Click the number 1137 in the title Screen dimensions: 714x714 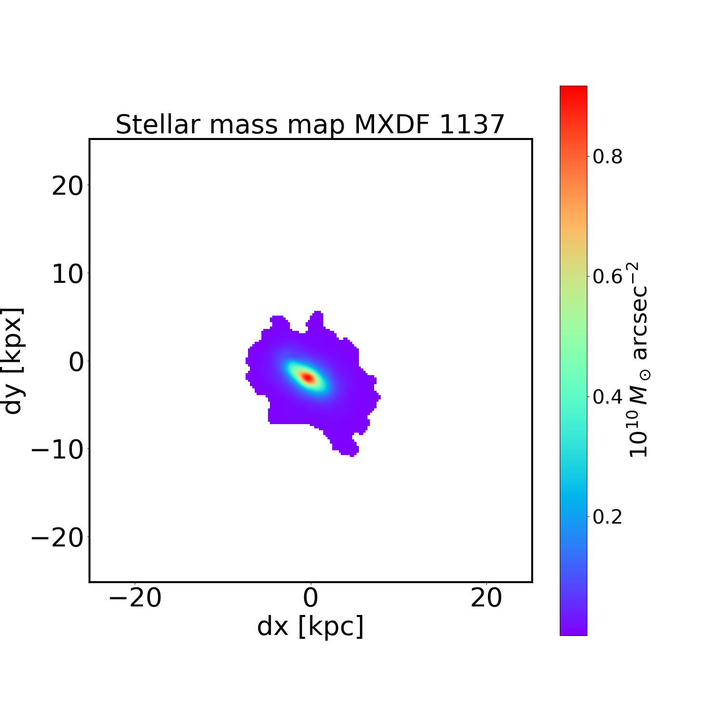pos(471,125)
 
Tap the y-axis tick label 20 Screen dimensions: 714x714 pos(67,186)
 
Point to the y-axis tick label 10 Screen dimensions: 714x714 pos(67,274)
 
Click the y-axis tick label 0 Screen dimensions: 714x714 pos(76,362)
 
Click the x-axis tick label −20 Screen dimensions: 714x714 pos(135,598)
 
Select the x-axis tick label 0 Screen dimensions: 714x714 pos(310,598)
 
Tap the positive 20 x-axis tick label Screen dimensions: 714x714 pos(486,598)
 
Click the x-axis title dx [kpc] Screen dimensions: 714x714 pos(310,626)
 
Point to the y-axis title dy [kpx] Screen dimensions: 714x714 pos(13,361)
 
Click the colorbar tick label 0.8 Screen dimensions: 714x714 pos(607,157)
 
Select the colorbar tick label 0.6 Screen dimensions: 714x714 pos(607,277)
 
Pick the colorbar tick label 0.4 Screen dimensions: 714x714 pos(607,397)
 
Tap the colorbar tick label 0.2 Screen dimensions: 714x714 pos(607,517)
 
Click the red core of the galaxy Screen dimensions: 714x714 pos(308,377)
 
